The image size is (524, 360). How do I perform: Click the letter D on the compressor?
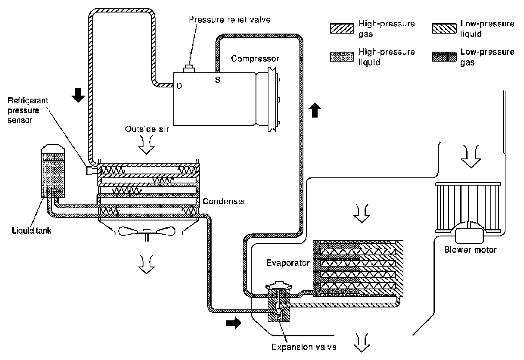[x=179, y=86]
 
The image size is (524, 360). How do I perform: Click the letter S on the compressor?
[x=218, y=80]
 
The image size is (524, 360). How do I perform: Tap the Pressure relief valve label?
[x=230, y=20]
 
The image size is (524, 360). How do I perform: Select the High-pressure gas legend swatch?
[x=342, y=28]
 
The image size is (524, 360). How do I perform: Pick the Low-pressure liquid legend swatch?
[x=444, y=28]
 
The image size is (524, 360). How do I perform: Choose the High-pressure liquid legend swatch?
[x=342, y=56]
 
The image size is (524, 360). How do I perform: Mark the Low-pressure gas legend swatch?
[x=444, y=56]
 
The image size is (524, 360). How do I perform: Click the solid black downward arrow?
[x=78, y=95]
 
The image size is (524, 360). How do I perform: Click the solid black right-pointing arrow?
[x=234, y=323]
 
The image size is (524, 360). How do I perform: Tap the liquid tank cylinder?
[x=53, y=171]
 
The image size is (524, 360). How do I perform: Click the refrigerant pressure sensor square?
[x=89, y=171]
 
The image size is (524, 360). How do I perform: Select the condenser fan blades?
[x=147, y=231]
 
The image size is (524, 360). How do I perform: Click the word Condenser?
[x=224, y=201]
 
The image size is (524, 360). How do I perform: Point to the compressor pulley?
[x=273, y=100]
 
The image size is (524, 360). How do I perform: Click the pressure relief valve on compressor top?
[x=189, y=69]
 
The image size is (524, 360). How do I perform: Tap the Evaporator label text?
[x=288, y=263]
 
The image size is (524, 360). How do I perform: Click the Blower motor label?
[x=470, y=250]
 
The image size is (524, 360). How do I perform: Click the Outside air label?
[x=147, y=129]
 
